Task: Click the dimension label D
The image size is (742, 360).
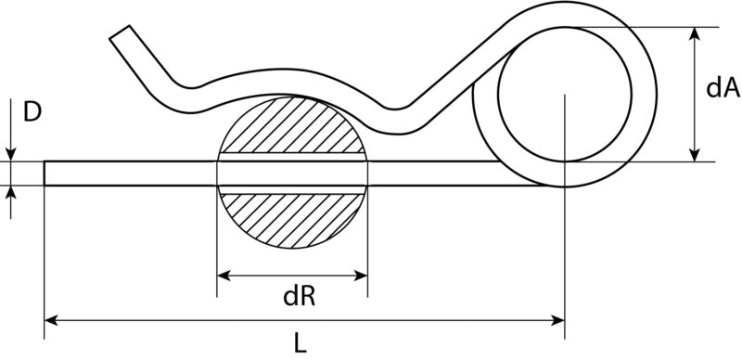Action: (x=32, y=112)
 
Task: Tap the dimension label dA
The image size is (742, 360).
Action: (x=723, y=87)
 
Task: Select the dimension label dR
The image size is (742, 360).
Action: (x=299, y=297)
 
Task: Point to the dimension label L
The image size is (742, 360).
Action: (x=300, y=344)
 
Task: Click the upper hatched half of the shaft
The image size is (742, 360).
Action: (x=292, y=125)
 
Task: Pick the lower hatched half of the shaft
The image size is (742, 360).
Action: (x=292, y=220)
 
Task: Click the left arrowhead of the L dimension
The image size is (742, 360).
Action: (x=51, y=321)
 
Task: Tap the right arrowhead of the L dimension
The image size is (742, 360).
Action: (x=557, y=321)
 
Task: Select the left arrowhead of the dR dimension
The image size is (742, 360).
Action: (x=224, y=276)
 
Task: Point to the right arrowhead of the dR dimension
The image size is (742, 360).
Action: (x=361, y=276)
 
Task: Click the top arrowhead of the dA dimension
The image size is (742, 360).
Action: (x=694, y=34)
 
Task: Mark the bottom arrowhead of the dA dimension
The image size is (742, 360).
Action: (x=694, y=155)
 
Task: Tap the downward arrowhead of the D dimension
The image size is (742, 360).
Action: (x=11, y=154)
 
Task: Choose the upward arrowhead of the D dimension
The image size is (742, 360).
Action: (x=11, y=193)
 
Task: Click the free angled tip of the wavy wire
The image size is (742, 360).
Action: (x=120, y=32)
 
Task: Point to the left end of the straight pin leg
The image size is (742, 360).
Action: (x=45, y=174)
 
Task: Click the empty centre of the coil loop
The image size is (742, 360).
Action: (x=565, y=95)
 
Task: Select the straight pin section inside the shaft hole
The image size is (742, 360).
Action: (x=292, y=174)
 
